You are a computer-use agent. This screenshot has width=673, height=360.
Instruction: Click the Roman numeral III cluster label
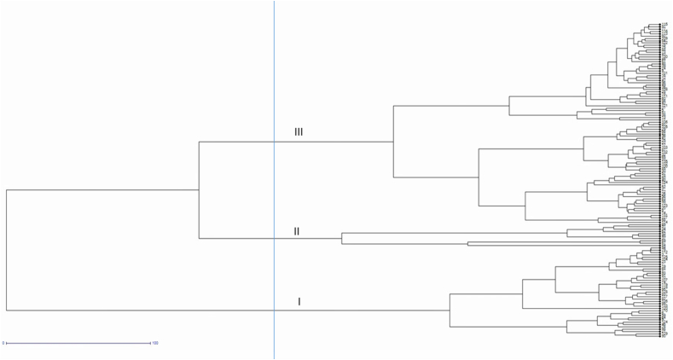(299, 132)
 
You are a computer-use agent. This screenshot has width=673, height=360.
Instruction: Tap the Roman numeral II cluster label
(297, 231)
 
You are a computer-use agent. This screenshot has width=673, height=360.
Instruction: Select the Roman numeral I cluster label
(299, 301)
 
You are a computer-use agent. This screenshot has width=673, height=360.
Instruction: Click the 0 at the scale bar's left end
(3, 344)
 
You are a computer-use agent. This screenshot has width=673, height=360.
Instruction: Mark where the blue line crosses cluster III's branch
(274, 142)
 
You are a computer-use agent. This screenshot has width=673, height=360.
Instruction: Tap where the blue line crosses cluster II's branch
(274, 238)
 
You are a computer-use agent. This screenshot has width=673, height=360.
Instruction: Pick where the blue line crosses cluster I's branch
(274, 310)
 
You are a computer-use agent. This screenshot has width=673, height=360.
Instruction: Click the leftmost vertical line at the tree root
(6, 249)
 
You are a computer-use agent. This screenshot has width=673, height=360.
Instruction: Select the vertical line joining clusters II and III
(199, 190)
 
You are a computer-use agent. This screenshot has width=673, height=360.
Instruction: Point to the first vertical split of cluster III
(393, 142)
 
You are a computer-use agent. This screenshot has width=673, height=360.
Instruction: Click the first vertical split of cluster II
(342, 238)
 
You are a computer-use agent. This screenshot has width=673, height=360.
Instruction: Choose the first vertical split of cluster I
(450, 310)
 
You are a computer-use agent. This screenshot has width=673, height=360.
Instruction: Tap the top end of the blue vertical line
(274, 2)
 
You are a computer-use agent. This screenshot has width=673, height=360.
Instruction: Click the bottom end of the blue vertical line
(274, 357)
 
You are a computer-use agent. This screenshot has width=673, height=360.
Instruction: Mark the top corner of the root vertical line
(6, 189)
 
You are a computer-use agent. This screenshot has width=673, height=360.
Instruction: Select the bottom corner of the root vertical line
(6, 310)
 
